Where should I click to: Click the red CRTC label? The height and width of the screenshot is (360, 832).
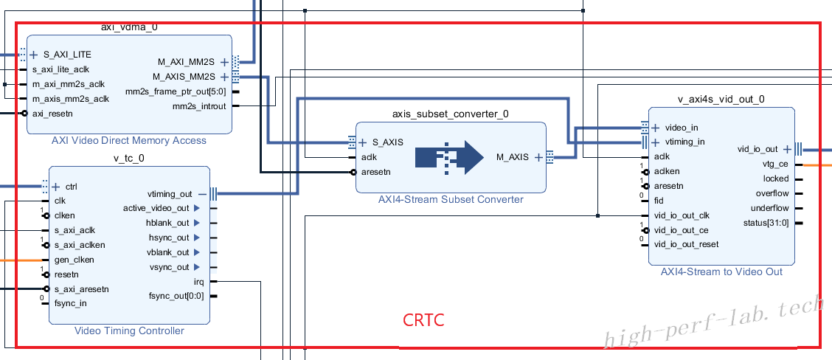(x=423, y=320)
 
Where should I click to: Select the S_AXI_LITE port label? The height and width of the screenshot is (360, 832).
(x=67, y=54)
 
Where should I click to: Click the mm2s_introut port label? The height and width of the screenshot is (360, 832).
(x=199, y=106)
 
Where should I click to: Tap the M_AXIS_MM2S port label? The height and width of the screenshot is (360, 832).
(x=184, y=77)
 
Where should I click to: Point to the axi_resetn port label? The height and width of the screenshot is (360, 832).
(x=52, y=114)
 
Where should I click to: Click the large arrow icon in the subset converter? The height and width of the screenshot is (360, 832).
(x=449, y=157)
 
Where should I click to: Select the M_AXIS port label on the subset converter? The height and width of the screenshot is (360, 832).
(x=513, y=156)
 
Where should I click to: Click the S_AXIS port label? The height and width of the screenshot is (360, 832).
(x=387, y=142)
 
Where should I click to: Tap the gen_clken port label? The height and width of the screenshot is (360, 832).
(x=74, y=260)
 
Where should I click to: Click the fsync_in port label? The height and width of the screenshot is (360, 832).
(x=71, y=304)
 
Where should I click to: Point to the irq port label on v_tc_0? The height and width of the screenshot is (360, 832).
(x=199, y=282)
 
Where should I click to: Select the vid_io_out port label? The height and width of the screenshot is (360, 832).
(x=758, y=149)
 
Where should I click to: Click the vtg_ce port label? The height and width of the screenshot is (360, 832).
(x=776, y=164)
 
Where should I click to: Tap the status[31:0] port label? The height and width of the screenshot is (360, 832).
(x=766, y=223)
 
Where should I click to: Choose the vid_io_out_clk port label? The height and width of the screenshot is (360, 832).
(x=682, y=215)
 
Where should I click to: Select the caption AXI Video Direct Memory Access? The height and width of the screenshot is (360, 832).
(x=129, y=141)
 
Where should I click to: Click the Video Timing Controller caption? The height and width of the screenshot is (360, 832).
(x=130, y=330)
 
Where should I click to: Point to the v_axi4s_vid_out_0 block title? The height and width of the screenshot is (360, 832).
(x=721, y=100)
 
